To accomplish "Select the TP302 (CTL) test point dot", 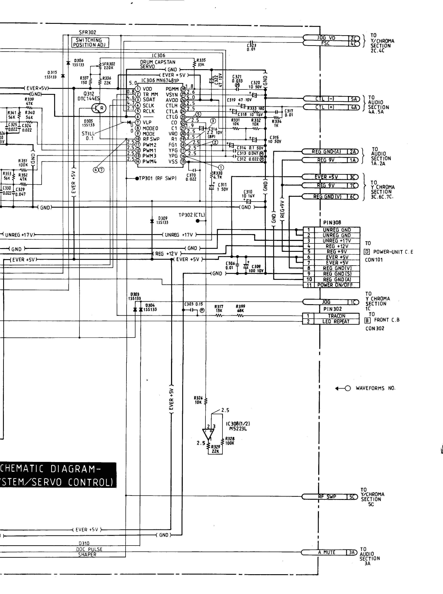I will point(198,221).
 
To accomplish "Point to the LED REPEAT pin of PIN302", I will point(336,322).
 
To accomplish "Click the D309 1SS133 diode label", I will point(162,220).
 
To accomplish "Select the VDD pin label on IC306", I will point(147,89).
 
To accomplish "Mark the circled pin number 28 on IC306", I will point(183,89).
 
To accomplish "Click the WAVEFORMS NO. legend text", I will point(375,388).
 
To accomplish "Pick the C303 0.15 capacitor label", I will point(193,304).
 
